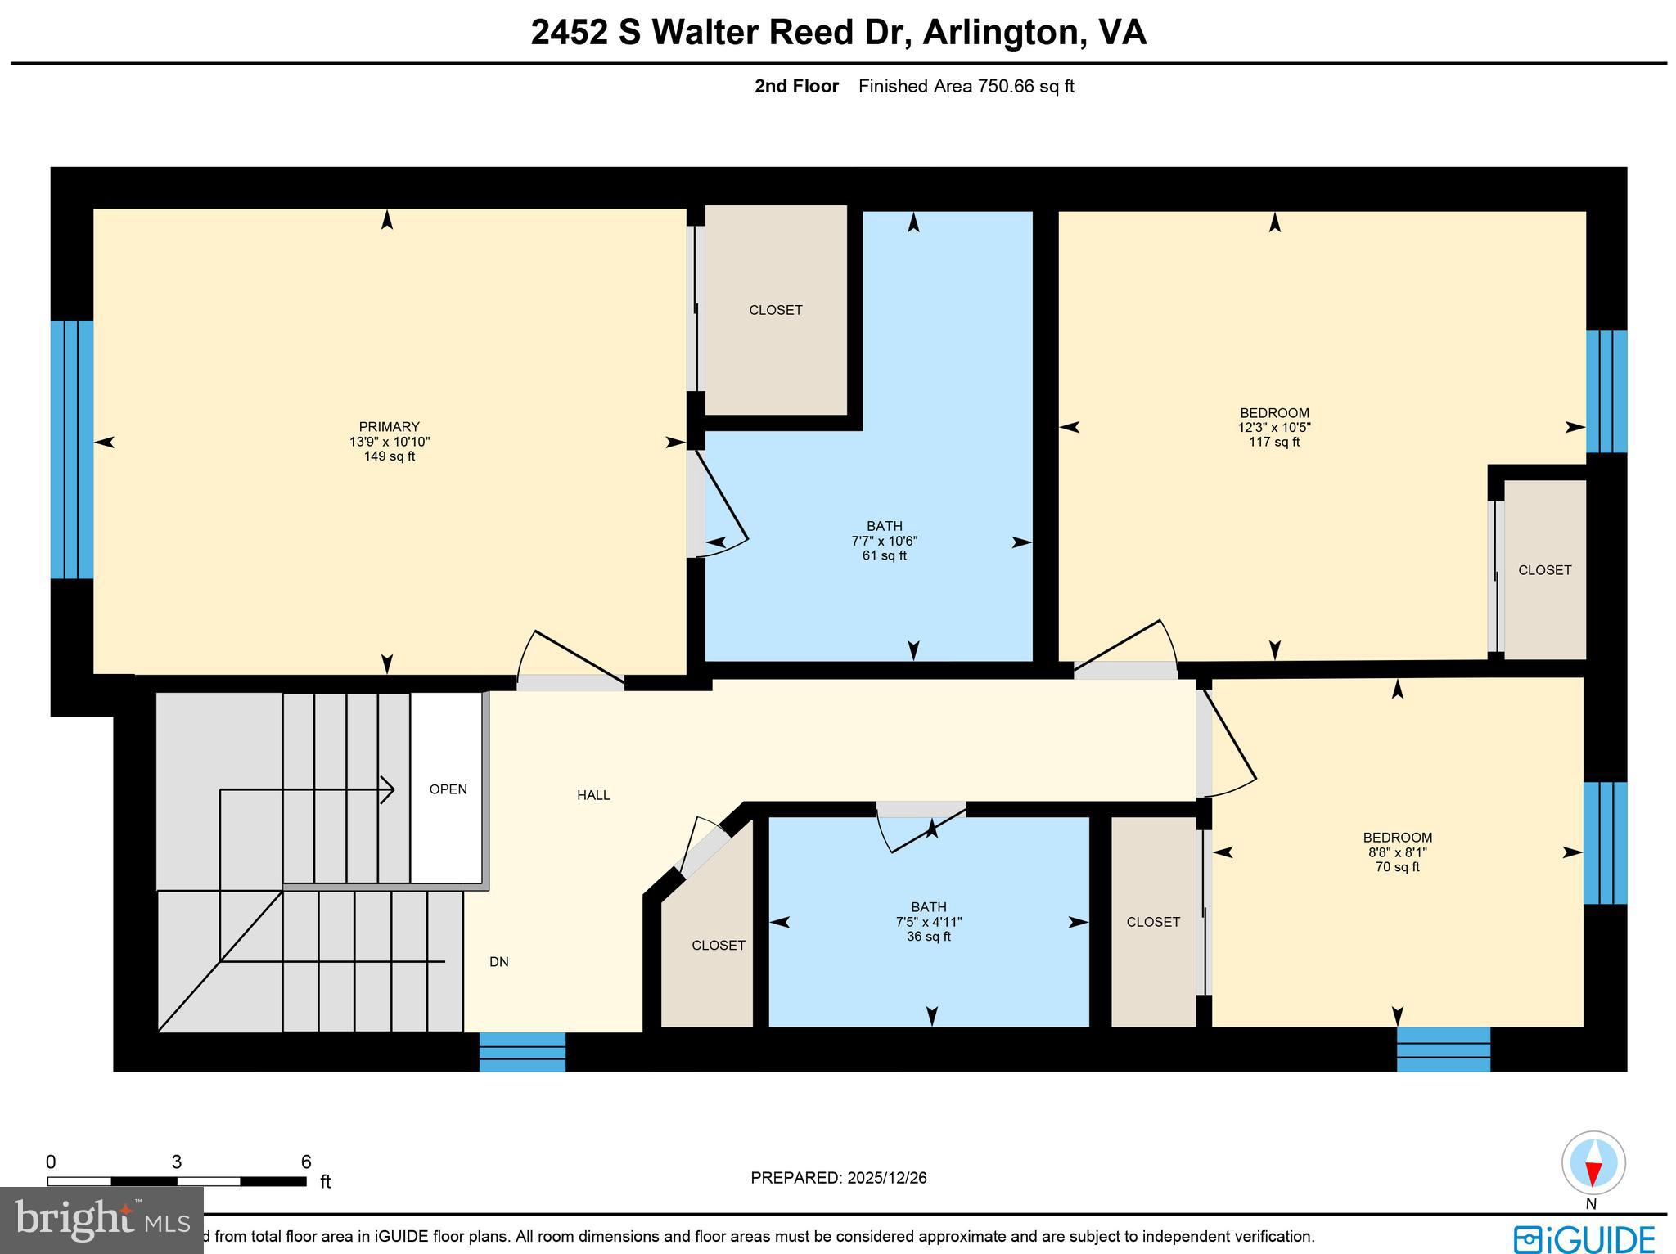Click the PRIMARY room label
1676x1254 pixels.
(x=389, y=426)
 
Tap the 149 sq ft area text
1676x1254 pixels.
(x=389, y=456)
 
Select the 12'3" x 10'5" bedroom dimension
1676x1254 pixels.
(x=1274, y=427)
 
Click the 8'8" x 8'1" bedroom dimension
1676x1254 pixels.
(x=1397, y=852)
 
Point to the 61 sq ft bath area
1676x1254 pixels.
(x=884, y=555)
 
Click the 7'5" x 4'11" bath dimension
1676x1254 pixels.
(x=928, y=921)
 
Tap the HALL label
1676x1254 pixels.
(x=593, y=794)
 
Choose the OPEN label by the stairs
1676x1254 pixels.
(x=448, y=789)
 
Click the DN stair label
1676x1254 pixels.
(x=498, y=962)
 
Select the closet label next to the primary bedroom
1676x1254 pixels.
(x=775, y=310)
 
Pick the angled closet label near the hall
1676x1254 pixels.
(x=718, y=945)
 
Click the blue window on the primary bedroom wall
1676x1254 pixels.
(x=71, y=449)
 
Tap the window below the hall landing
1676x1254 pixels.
(x=522, y=1051)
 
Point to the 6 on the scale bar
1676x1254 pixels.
(x=305, y=1162)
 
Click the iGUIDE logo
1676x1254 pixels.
(x=1584, y=1238)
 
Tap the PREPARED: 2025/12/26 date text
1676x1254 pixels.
(x=838, y=1178)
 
